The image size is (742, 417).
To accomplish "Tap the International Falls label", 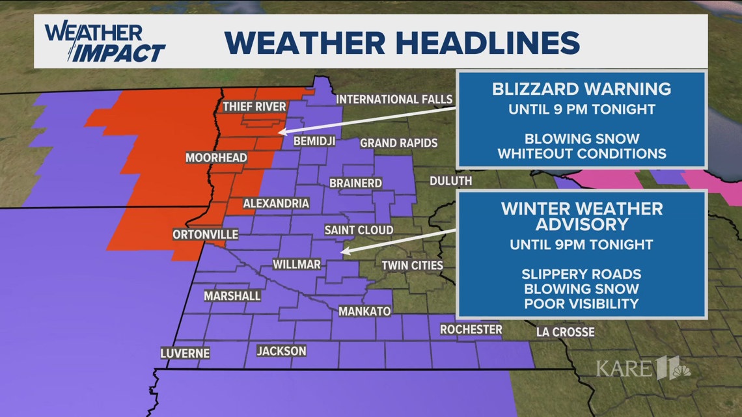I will tap(394, 100).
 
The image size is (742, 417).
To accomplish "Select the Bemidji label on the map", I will tap(314, 141).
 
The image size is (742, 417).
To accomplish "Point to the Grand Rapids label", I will tap(398, 142).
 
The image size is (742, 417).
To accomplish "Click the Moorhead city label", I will tap(216, 158).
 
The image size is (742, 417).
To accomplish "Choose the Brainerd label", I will tap(355, 183).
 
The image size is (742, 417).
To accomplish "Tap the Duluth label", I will tap(450, 180).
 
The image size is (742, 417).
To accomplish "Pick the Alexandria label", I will tap(276, 204).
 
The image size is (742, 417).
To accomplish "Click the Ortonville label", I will tap(206, 234).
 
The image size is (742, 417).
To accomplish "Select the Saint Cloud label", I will tap(359, 230).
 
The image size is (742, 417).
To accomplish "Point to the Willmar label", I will tap(296, 265).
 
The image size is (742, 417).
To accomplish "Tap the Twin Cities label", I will tap(412, 265).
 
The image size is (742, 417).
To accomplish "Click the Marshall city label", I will tap(232, 296).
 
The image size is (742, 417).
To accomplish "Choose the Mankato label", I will tap(364, 312).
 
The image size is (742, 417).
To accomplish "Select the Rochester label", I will tap(471, 330).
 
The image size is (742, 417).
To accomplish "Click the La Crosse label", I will tap(565, 332).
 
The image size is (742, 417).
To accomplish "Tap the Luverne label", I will tap(185, 353).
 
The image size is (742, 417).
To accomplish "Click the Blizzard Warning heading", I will tap(582, 88).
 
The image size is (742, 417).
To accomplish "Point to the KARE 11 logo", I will tap(642, 369).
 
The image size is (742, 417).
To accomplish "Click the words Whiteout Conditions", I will tap(582, 154).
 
